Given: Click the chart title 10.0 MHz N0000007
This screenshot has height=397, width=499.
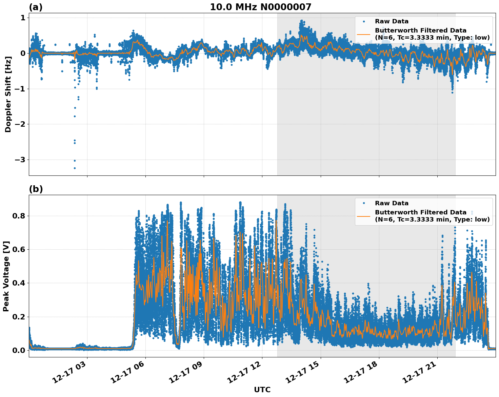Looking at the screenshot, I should pyautogui.click(x=260, y=7).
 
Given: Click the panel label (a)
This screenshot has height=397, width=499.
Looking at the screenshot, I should pyautogui.click(x=36, y=7).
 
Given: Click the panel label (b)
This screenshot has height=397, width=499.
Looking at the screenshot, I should pyautogui.click(x=36, y=189).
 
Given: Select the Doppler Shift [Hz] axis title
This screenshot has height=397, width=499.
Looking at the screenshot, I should pyautogui.click(x=8, y=94).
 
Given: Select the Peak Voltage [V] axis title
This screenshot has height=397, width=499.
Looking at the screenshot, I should pyautogui.click(x=6, y=276).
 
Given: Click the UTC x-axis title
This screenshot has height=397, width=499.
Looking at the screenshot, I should pyautogui.click(x=262, y=390).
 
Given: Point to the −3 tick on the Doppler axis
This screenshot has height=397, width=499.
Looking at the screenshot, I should pyautogui.click(x=20, y=160).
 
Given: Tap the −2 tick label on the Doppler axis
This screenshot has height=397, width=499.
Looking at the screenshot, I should pyautogui.click(x=20, y=124).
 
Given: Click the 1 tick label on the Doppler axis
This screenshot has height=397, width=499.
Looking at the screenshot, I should pyautogui.click(x=23, y=18).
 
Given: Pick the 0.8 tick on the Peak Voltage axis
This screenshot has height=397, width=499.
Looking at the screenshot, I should pyautogui.click(x=19, y=216).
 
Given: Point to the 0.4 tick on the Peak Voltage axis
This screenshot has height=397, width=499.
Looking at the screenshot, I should pyautogui.click(x=19, y=283).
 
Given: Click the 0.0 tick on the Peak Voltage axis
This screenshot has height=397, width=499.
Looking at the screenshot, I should pyautogui.click(x=19, y=350).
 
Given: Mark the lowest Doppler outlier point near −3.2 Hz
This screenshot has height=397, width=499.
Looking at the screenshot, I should pyautogui.click(x=75, y=168).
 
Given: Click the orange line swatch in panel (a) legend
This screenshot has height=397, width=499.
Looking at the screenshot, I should pyautogui.click(x=363, y=34).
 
